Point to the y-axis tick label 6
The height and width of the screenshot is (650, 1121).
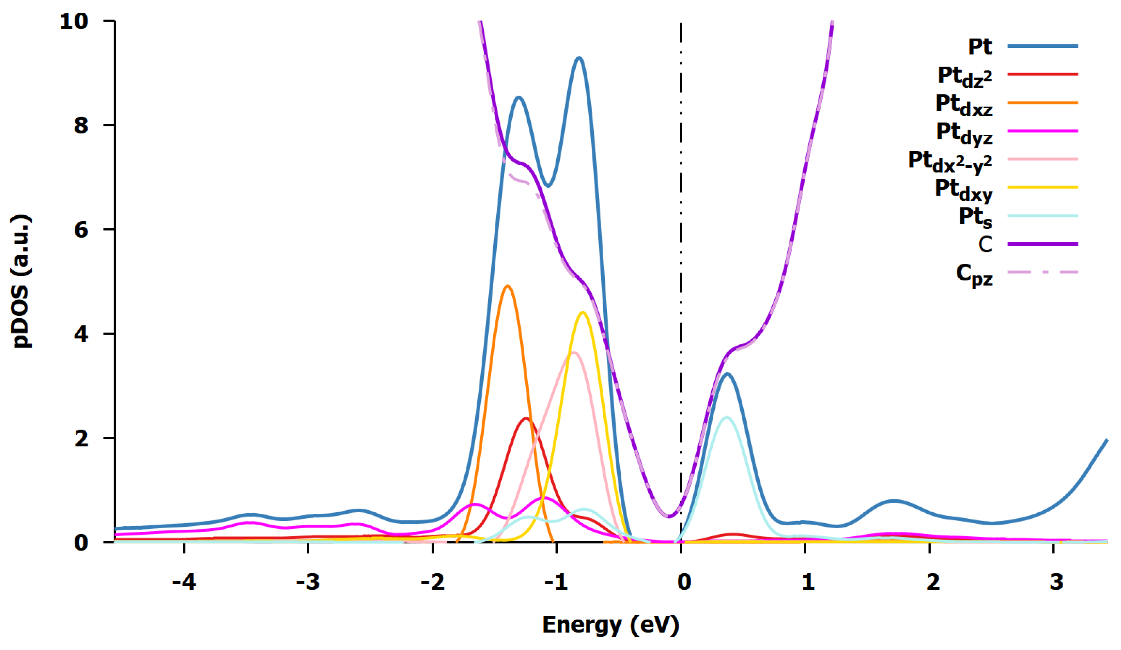(x=81, y=230)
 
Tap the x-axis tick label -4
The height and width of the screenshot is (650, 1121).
(x=184, y=581)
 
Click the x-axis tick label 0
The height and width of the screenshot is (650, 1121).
(x=684, y=581)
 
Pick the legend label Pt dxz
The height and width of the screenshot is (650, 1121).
(x=964, y=106)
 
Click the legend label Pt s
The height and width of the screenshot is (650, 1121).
(x=975, y=218)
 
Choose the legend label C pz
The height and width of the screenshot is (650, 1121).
(x=974, y=275)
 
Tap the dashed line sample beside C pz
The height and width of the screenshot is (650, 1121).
(x=1042, y=272)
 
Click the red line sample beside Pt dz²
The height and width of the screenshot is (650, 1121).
(x=1042, y=74)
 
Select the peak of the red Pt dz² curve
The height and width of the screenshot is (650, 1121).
(x=526, y=418)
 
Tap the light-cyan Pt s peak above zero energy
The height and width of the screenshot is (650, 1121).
(x=727, y=417)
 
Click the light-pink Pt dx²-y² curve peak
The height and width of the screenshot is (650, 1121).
(x=573, y=353)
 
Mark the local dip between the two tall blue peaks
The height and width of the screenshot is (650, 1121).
(x=548, y=186)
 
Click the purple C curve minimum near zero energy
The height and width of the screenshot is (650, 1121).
(x=668, y=517)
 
